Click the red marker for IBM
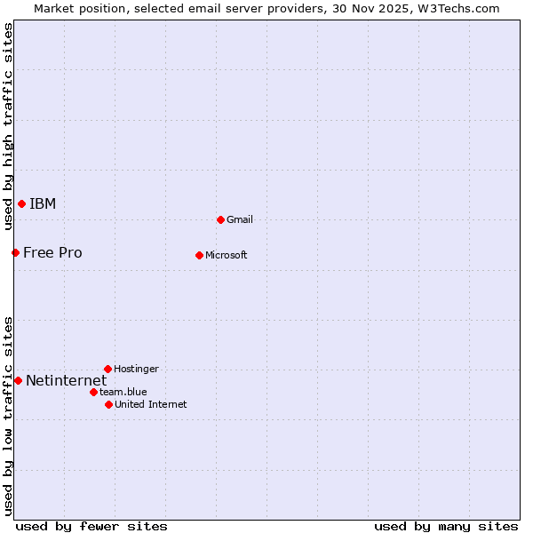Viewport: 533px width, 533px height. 21,204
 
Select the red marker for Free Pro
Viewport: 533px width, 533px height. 15,253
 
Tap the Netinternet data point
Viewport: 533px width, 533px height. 18,381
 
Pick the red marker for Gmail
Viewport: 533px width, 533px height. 220,219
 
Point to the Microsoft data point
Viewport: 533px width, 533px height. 199,256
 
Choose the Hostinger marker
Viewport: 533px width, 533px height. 107,369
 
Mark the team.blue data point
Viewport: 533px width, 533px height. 93,392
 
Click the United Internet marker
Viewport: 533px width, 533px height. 108,405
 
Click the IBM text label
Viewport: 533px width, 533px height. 43,204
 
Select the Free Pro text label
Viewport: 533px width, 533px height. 52,253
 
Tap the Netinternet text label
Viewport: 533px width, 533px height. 66,381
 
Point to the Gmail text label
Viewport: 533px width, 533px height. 240,219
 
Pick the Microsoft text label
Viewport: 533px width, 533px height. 227,256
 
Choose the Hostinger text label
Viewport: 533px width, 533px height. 137,369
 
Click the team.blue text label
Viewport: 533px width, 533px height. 123,392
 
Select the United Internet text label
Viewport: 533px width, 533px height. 151,405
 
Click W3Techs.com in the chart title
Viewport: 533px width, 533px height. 459,9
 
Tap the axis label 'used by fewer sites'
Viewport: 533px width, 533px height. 91,526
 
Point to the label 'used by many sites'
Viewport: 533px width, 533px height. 446,526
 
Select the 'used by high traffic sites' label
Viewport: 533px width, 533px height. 8,126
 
